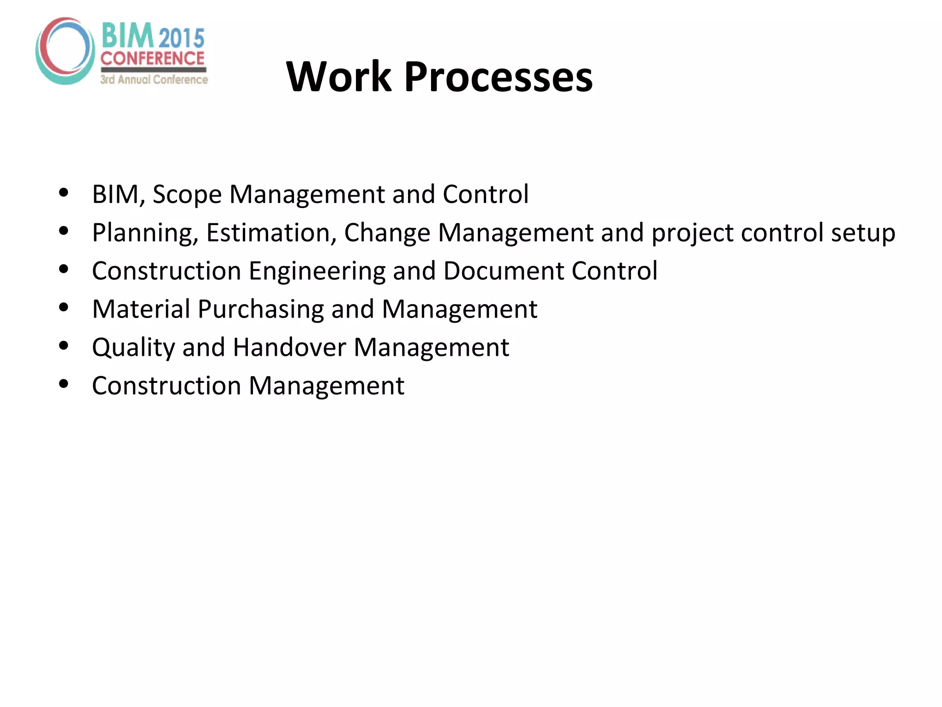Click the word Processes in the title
click(x=499, y=76)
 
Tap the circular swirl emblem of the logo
click(x=65, y=51)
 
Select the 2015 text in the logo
click(x=182, y=38)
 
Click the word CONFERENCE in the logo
click(x=152, y=58)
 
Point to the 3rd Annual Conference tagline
click(x=154, y=80)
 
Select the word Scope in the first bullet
click(x=187, y=194)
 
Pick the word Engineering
click(x=316, y=272)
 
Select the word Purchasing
click(x=260, y=309)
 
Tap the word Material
click(x=141, y=309)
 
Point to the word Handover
click(x=289, y=347)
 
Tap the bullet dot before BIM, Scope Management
click(x=64, y=192)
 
